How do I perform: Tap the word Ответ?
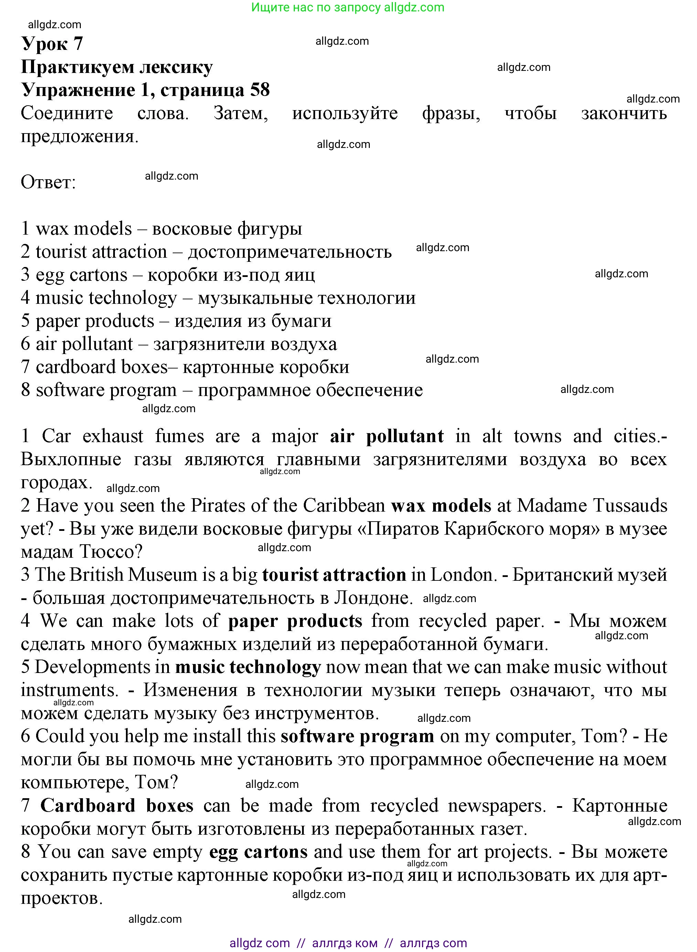(48, 182)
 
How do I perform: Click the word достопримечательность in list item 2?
(289, 252)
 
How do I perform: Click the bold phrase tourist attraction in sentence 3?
(334, 575)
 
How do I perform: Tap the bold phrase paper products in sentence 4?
(295, 621)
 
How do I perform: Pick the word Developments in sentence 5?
(92, 667)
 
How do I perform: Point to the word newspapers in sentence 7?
(496, 805)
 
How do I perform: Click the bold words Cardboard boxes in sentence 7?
(116, 805)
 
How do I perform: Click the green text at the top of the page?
(348, 7)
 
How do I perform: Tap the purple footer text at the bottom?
(348, 943)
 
